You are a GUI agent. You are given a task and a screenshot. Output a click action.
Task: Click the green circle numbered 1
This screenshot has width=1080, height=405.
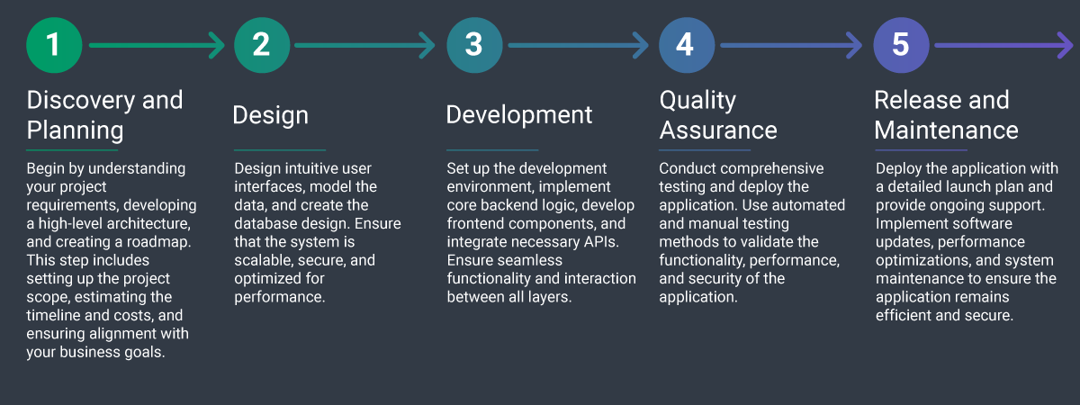[54, 45]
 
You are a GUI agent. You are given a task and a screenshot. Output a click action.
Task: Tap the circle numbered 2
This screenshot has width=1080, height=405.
[261, 45]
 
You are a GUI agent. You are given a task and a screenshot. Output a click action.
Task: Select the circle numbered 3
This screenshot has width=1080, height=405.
[474, 45]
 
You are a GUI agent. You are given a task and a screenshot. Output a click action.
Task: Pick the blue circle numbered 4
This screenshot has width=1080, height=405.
[686, 45]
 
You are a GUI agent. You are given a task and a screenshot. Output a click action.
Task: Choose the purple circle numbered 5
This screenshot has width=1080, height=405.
[901, 45]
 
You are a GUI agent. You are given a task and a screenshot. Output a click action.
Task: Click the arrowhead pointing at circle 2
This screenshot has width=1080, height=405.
[217, 45]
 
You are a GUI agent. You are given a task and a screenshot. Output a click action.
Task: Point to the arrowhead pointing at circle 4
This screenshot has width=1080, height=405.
[641, 45]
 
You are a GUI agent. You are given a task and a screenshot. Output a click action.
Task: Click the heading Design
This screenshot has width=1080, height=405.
[270, 115]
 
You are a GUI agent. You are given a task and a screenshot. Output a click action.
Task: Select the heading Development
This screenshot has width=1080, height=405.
[519, 115]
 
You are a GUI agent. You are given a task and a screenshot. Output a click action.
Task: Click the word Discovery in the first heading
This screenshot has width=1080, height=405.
[79, 100]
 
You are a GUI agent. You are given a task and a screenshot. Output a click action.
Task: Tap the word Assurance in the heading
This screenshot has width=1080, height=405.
[718, 130]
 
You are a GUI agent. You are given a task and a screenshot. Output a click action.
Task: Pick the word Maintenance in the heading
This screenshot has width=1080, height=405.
[946, 130]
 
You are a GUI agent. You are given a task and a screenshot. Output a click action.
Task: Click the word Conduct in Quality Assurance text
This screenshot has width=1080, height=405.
[687, 168]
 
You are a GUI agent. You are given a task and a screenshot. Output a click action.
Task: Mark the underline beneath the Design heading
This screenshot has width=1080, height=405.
[279, 150]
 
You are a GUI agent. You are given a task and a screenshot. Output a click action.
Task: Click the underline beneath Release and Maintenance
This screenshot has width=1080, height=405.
[920, 150]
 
